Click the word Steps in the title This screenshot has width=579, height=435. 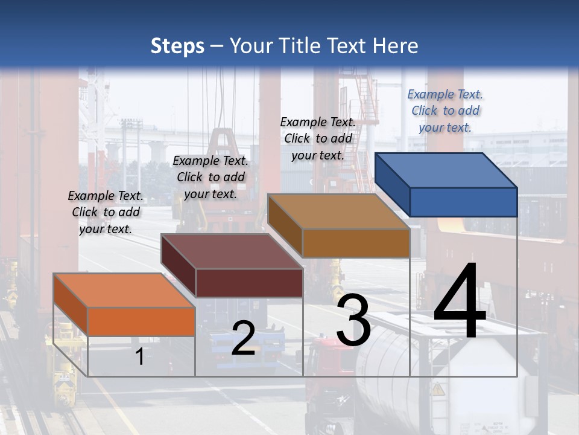tap(177, 46)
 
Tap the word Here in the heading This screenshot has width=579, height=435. tap(395, 46)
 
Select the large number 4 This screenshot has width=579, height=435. tap(460, 302)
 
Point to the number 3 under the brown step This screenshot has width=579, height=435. tap(353, 320)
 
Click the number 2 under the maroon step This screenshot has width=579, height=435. tap(243, 338)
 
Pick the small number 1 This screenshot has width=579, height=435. tap(139, 357)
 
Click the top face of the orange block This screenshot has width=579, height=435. tap(124, 290)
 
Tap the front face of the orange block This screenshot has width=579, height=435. tap(142, 321)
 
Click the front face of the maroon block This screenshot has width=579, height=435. tap(249, 283)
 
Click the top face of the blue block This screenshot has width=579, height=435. tap(446, 170)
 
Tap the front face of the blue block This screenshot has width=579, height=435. tap(463, 202)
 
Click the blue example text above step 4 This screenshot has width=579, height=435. tap(445, 111)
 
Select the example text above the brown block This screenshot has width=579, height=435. tap(318, 138)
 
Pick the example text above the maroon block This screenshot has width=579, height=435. tap(210, 177)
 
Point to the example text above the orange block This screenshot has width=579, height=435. tap(106, 212)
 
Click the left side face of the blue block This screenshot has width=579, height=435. tap(392, 184)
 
